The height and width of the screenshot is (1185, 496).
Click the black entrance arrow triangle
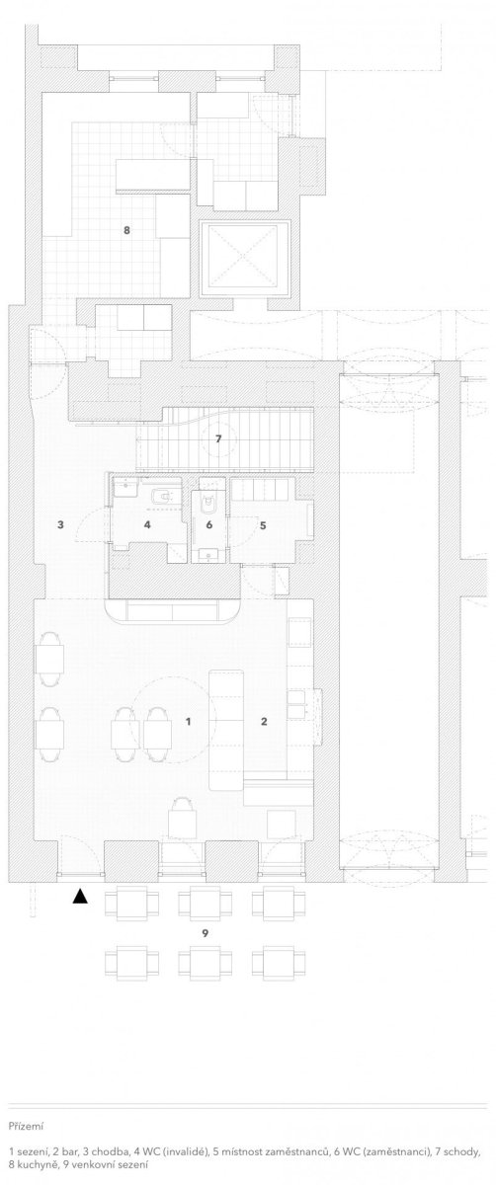click(80, 896)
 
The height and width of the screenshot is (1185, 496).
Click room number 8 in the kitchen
click(126, 230)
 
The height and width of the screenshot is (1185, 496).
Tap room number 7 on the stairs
click(218, 438)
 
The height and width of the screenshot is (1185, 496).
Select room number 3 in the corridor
click(61, 524)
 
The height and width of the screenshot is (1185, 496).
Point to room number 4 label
click(147, 524)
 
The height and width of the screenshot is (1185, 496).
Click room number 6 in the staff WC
click(209, 524)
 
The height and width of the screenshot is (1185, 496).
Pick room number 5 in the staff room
click(263, 525)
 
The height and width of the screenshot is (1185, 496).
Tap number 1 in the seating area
click(188, 721)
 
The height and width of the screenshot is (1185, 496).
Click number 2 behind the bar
click(264, 721)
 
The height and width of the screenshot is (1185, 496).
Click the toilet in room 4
click(161, 496)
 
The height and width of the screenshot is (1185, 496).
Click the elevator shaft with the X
click(244, 258)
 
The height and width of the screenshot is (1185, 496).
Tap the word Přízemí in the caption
click(26, 1126)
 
